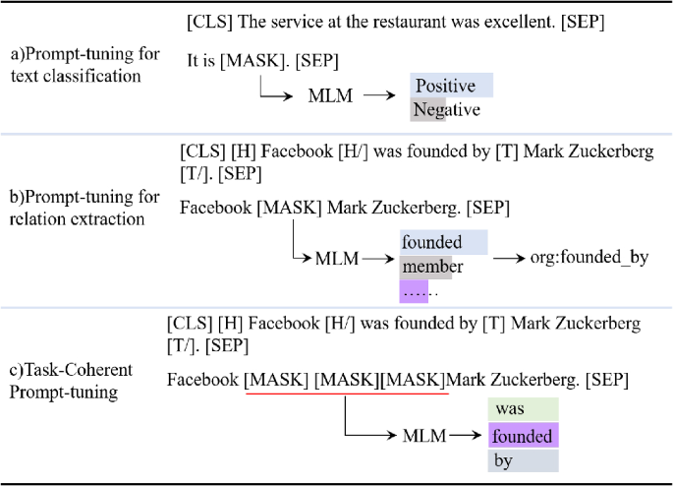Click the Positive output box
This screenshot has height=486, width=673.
(451, 86)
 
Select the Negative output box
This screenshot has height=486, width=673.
(446, 110)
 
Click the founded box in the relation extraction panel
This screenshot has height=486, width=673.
(442, 242)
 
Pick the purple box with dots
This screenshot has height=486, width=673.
(420, 291)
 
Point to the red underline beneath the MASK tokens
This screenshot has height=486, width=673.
(346, 395)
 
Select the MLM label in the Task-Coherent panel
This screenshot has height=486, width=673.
(424, 435)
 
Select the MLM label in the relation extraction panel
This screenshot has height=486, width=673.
(336, 259)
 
